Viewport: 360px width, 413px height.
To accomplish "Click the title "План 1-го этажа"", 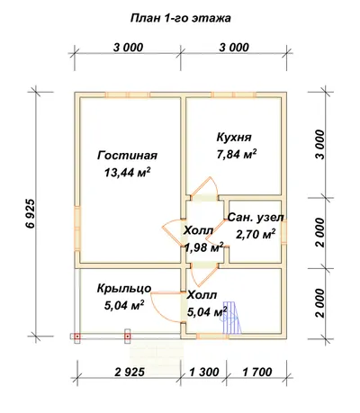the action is (x=180, y=19).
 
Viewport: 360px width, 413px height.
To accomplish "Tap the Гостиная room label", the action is (x=127, y=156).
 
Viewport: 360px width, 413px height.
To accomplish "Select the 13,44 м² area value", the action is (x=127, y=173).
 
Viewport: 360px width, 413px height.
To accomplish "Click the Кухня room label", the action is (x=234, y=138).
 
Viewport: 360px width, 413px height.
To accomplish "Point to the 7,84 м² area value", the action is (x=237, y=154).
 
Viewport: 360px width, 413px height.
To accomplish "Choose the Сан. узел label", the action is (x=256, y=218).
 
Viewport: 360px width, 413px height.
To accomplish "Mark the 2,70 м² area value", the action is (x=256, y=234).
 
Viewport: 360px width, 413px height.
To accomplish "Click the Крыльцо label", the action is (x=124, y=289).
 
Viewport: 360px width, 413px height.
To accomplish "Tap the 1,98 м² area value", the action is (x=204, y=247).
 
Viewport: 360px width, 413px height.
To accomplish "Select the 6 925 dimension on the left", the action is (x=31, y=213).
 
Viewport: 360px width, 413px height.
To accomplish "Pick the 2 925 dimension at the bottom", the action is (x=130, y=372).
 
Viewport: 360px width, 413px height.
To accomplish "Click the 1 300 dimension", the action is (x=204, y=372).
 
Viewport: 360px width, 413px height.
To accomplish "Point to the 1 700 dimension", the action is (x=257, y=372).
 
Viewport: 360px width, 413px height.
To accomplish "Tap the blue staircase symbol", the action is (x=232, y=317).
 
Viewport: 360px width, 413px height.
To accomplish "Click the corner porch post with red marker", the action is (x=77, y=337).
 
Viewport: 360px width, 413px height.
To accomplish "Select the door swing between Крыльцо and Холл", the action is (x=166, y=307).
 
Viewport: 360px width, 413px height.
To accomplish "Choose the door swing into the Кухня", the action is (x=206, y=186).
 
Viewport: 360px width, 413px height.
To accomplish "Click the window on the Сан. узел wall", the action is (x=283, y=231).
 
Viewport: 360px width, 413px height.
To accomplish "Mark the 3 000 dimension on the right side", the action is (x=320, y=145).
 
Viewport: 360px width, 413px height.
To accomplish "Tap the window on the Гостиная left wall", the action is (x=77, y=229).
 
